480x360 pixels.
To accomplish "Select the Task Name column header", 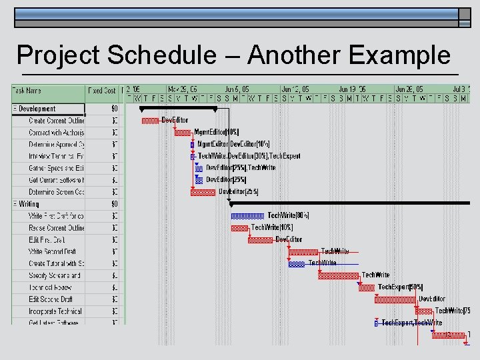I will [x=26, y=91].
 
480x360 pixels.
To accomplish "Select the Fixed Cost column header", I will [x=102, y=91].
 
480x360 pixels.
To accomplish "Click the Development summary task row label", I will [x=37, y=109].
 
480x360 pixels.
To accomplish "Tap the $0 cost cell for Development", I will [x=114, y=109].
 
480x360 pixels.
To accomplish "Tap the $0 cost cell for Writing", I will [x=114, y=204].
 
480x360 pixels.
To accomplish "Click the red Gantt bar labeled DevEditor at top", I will [x=150, y=121].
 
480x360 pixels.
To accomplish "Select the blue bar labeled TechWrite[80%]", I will [x=247, y=216].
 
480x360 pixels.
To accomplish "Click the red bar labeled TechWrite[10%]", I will [x=239, y=228].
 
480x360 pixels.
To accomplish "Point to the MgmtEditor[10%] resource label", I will [x=216, y=132].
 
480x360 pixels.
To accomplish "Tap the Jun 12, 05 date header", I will [x=295, y=89].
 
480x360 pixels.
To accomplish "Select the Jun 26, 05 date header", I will [x=409, y=89].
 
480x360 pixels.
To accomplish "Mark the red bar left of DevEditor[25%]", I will [x=203, y=192].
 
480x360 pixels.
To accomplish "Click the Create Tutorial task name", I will [x=56, y=263].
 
